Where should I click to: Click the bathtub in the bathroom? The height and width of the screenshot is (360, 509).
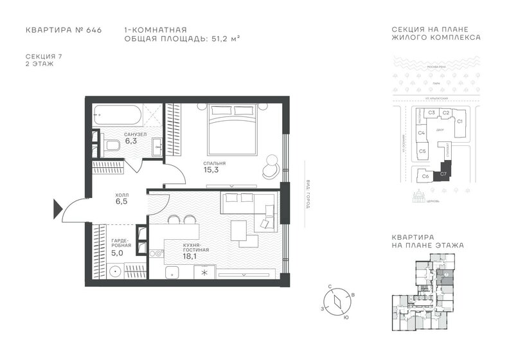pos(116,117)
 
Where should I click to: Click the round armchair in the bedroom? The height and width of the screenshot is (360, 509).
pos(270,166)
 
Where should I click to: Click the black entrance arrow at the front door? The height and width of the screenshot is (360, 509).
pos(57,207)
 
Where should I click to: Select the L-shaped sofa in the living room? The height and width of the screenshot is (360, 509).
pos(247,207)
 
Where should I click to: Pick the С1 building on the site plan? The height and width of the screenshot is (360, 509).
pos(460,123)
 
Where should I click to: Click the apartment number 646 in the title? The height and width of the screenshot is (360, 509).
pos(93,30)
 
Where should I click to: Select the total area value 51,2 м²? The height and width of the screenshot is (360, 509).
pos(219,39)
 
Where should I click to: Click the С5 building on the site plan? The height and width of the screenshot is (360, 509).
pos(422,152)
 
